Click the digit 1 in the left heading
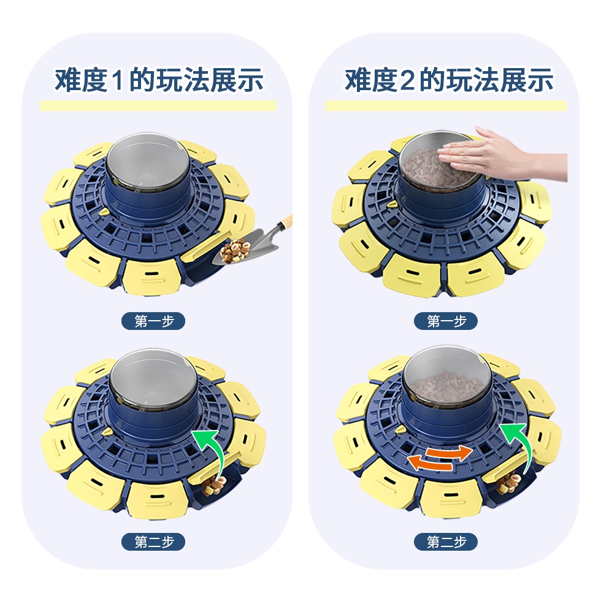click(118, 80)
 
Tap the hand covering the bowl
click(502, 156)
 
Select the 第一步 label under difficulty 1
click(153, 321)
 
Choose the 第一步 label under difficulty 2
click(446, 321)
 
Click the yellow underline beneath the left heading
click(158, 105)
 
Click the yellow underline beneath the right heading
click(446, 105)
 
